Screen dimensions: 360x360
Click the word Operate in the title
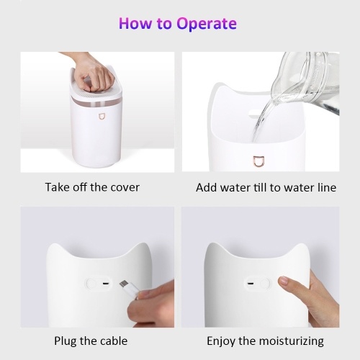point(207,24)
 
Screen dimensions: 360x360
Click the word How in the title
point(135,23)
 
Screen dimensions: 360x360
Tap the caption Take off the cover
point(92,187)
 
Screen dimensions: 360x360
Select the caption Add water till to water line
point(266,187)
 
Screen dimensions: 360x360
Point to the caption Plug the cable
point(91,341)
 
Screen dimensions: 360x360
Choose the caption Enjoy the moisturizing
point(265,341)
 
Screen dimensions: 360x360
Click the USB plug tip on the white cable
point(124,284)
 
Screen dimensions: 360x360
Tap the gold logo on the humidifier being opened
point(102,116)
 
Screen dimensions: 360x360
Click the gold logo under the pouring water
point(258,161)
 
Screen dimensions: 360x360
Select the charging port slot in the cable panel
point(105,283)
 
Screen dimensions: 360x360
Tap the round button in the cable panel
point(91,284)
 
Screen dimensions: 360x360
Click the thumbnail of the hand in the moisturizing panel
point(283,281)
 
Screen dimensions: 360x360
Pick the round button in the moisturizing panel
point(264,284)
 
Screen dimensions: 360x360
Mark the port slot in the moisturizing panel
point(251,283)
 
